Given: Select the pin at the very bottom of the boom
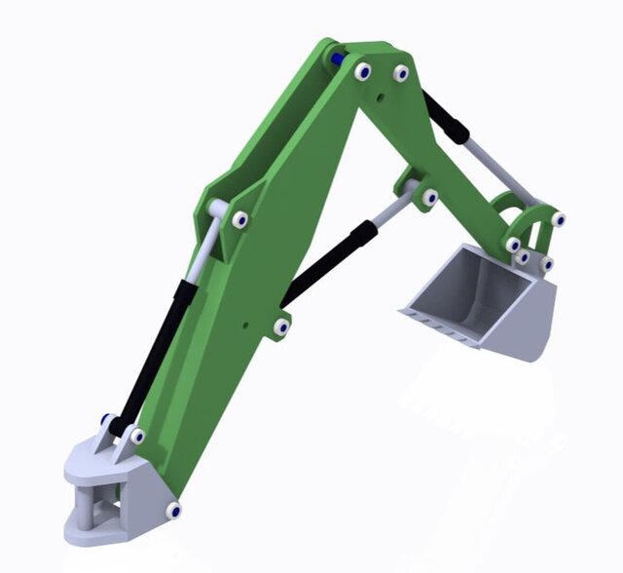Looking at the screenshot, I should point(173,510).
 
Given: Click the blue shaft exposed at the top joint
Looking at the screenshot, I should point(338,59).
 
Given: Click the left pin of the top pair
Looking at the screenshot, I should point(363,71).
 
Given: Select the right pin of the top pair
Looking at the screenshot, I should point(400,73).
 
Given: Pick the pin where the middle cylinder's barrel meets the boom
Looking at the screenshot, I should point(281,327).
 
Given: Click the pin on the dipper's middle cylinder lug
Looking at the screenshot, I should point(428,198).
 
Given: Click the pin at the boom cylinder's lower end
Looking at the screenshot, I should point(136,436).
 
